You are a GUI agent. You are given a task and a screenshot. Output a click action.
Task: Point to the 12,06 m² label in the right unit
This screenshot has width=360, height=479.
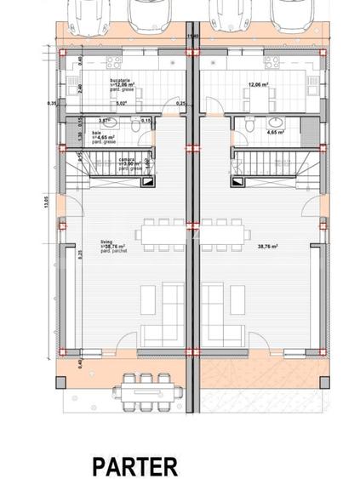click(x=259, y=85)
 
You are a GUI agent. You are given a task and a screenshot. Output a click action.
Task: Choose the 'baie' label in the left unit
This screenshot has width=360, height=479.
click(x=97, y=133)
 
